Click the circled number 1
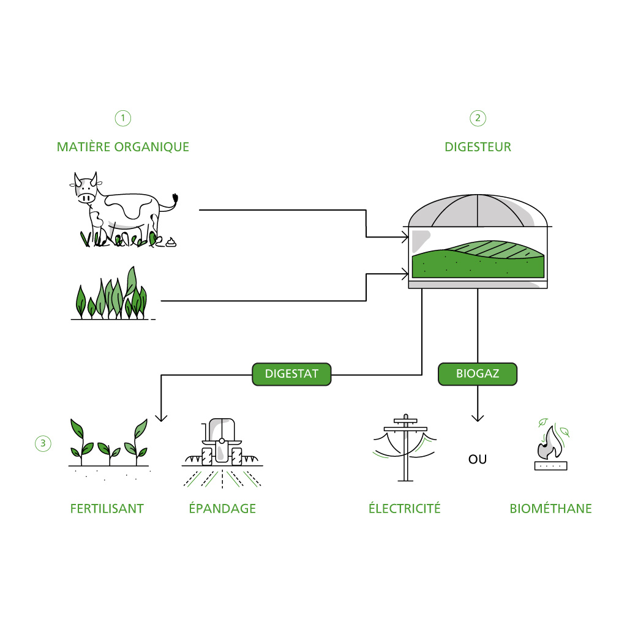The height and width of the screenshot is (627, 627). [122, 118]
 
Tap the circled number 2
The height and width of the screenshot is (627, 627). [478, 118]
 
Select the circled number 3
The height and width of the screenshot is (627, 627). [43, 443]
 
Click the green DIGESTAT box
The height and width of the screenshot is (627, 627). [291, 374]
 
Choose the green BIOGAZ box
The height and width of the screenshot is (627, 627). [478, 374]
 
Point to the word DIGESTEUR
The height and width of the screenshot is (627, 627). [478, 147]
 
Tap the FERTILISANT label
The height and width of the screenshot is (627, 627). [107, 509]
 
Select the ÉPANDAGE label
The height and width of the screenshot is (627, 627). [222, 508]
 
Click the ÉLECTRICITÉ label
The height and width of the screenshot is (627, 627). [404, 508]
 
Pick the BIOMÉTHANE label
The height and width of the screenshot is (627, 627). [550, 508]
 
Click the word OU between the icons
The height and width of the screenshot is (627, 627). [478, 459]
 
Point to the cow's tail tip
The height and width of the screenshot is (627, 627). [175, 198]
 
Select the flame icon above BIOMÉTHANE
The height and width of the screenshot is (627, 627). [551, 443]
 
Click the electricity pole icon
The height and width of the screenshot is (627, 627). [405, 448]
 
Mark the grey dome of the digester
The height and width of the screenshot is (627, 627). [478, 211]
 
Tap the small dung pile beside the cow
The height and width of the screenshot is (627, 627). [171, 242]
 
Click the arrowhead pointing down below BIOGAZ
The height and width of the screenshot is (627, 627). [478, 418]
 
